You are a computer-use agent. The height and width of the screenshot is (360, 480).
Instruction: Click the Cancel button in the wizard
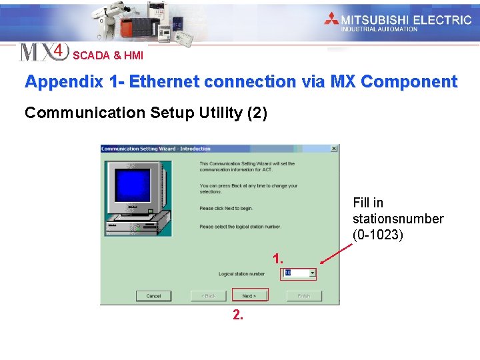pos(153,295)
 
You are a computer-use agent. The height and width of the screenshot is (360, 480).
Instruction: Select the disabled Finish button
pos(304,295)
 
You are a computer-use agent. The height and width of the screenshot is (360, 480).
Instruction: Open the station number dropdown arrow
pos(312,273)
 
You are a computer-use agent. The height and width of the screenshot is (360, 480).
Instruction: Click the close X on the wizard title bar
pos(334,149)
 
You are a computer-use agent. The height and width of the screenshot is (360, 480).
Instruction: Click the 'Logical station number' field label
pos(242,274)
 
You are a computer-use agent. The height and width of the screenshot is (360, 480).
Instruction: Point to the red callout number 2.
pos(238,315)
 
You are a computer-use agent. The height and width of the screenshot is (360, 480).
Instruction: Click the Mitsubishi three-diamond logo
pos(331,19)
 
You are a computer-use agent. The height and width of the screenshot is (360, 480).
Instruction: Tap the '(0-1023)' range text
pos(377,235)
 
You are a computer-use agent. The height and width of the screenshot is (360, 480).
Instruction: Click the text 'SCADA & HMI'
pos(107,56)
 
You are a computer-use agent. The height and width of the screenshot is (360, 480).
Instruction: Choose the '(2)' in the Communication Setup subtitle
pos(257,113)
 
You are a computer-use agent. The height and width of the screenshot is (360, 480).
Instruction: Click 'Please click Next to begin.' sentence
pos(226,209)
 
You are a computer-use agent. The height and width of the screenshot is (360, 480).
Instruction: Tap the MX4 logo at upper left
pos(43,52)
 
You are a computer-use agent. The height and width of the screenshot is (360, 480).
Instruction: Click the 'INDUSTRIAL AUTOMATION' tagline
pos(379,29)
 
